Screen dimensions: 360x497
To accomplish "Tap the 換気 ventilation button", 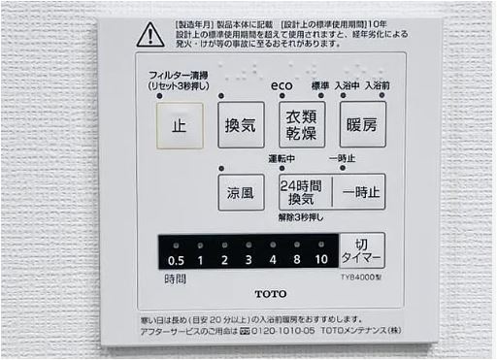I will tap(241, 124).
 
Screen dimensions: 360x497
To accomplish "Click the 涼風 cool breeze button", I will tap(241, 191).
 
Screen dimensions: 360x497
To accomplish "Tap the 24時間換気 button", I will tap(304, 191).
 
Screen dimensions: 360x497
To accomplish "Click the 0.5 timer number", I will tap(176, 261).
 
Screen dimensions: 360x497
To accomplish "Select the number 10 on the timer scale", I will tap(321, 261).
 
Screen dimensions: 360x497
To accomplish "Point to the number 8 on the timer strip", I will tap(295, 261).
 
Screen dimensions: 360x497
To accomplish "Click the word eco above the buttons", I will tap(282, 86).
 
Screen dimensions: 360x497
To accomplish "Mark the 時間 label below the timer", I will tap(176, 278).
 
